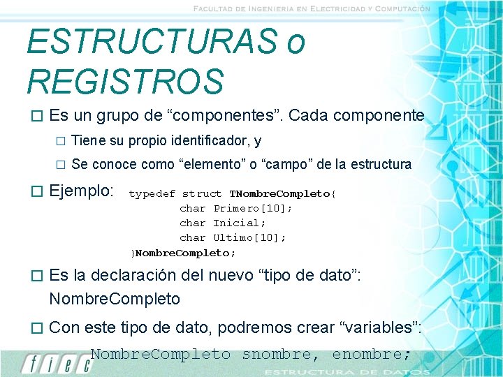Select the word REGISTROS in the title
pos(125,81)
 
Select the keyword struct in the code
pos(201,194)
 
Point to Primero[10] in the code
pos(252,209)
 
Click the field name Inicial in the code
pos(238,223)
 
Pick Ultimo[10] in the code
pos(249,238)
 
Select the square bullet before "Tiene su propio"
pos(59,142)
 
